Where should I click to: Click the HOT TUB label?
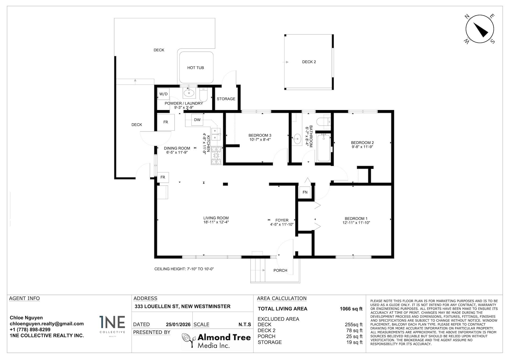click(196, 68)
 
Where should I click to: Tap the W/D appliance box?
click(163, 94)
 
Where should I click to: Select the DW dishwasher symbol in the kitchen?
click(197, 120)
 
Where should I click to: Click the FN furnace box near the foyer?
click(305, 192)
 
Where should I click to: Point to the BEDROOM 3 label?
click(260, 135)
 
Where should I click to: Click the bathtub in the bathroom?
click(324, 148)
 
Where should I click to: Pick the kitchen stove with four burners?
click(216, 156)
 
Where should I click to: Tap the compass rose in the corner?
click(480, 29)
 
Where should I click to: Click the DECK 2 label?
click(309, 62)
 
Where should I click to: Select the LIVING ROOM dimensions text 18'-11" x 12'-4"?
click(216, 222)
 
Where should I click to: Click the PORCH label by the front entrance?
click(280, 270)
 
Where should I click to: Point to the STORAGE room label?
click(226, 99)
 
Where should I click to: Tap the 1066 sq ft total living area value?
click(351, 309)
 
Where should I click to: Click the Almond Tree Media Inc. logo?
click(216, 341)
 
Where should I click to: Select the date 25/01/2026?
click(178, 324)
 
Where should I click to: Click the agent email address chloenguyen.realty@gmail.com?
click(47, 324)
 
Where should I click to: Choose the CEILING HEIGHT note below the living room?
click(184, 269)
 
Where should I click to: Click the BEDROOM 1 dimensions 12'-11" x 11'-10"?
click(356, 223)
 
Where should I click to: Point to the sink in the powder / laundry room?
click(189, 93)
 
